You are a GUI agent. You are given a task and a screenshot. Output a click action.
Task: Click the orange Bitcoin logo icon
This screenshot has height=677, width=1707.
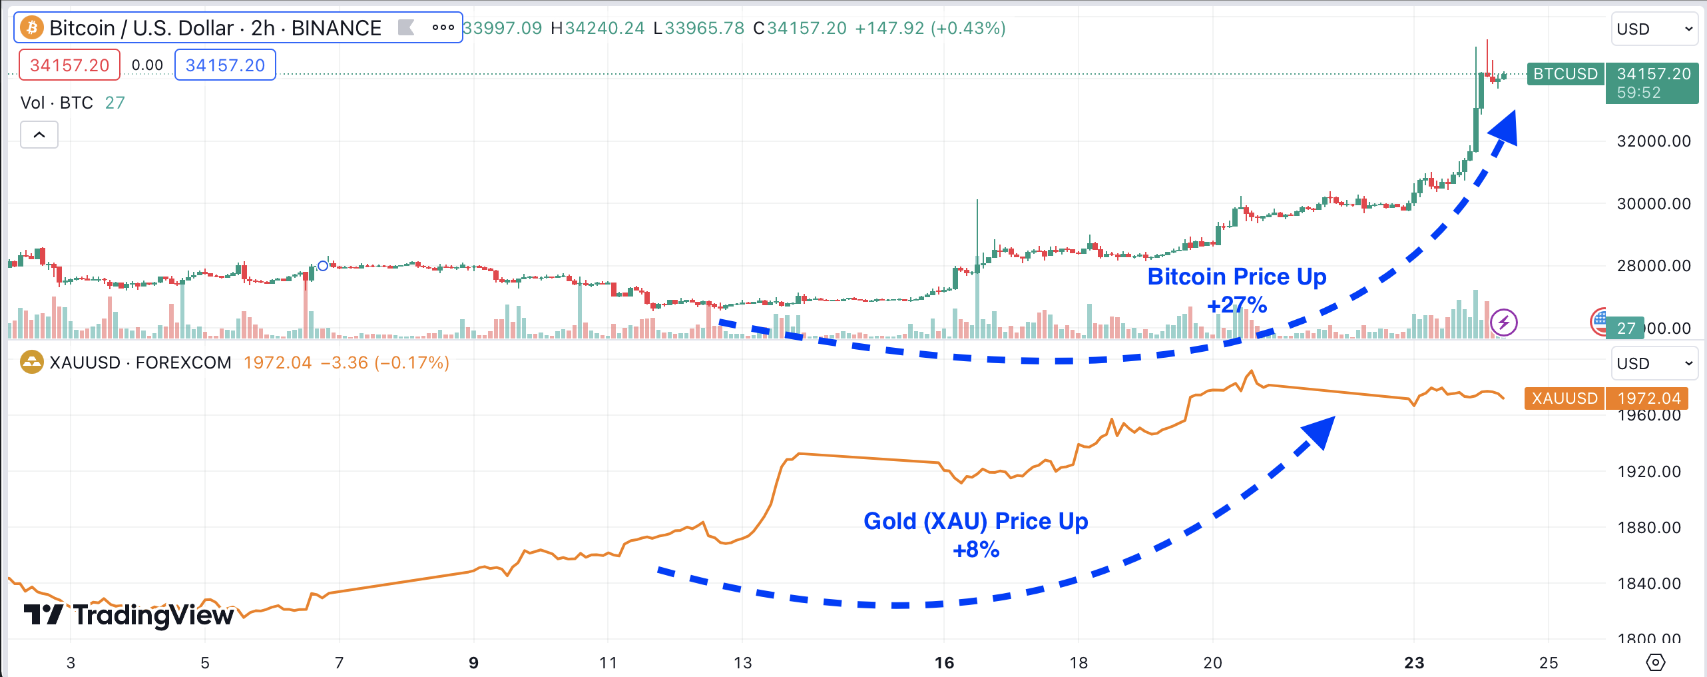tap(32, 28)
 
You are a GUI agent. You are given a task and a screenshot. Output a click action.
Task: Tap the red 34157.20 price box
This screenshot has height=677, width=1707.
tap(69, 65)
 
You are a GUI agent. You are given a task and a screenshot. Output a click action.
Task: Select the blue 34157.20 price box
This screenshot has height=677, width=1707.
tap(225, 65)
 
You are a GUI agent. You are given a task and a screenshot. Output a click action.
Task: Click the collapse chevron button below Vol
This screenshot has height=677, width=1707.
tap(39, 135)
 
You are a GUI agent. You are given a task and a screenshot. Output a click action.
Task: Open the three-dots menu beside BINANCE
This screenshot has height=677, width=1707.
tap(443, 28)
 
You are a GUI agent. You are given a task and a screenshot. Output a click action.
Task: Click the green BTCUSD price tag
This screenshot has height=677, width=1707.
tap(1565, 74)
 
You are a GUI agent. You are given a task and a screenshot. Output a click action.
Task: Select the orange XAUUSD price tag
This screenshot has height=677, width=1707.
tap(1565, 398)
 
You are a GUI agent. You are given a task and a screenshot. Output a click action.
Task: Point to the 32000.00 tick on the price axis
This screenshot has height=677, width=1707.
tap(1654, 141)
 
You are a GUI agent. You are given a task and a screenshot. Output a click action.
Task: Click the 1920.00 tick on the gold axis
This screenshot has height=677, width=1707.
tap(1649, 472)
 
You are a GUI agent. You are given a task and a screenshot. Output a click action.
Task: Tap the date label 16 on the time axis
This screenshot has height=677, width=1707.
tap(944, 663)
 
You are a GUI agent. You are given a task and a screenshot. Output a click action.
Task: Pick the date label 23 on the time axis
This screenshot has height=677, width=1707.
tap(1414, 663)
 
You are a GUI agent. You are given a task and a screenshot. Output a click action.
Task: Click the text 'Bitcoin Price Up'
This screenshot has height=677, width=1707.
tap(1236, 277)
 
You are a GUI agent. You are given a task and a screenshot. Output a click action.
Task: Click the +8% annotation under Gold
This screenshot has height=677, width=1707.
tap(976, 550)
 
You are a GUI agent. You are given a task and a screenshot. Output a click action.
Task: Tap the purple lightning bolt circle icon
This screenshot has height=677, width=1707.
tap(1503, 323)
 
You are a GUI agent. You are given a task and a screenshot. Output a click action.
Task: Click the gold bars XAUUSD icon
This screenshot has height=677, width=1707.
tap(31, 362)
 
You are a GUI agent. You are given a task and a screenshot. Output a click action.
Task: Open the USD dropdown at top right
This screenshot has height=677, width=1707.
tap(1654, 29)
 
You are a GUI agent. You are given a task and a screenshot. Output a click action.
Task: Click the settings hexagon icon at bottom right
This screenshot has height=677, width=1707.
tap(1655, 662)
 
